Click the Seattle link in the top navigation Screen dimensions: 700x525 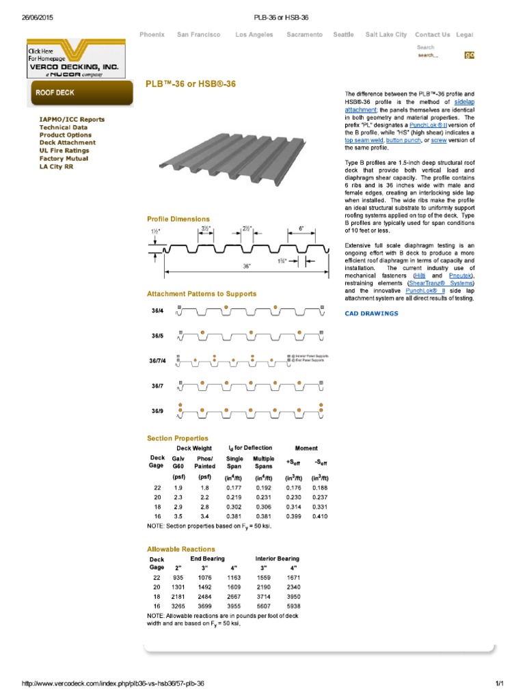coord(343,34)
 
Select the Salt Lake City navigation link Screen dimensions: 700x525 coord(386,34)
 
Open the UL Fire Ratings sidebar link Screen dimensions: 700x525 coord(64,150)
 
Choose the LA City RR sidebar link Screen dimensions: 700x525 coord(56,166)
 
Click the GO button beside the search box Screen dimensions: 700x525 coord(469,55)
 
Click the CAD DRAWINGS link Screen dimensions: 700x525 coord(371,314)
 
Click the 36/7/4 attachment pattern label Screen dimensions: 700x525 coord(159,360)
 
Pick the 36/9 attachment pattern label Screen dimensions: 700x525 coord(157,412)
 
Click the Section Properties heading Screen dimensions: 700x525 coord(178,438)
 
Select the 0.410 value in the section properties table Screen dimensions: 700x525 coord(319,517)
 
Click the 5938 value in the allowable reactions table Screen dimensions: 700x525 coord(295,606)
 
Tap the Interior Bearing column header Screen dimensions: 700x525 coord(277,558)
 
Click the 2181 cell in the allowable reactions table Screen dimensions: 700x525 coord(178,596)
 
